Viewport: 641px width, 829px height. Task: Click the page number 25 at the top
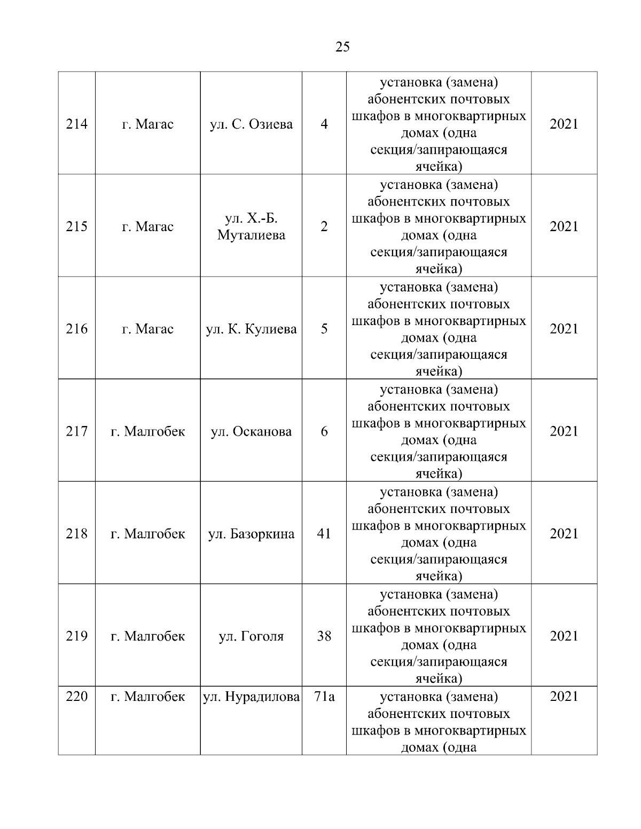(342, 47)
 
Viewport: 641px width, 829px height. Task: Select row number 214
(76, 124)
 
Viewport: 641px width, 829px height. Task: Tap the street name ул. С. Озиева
(251, 124)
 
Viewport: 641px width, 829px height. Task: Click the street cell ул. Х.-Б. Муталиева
(251, 226)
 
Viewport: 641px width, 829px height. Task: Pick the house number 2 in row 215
(324, 226)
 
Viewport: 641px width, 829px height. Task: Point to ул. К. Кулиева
(251, 329)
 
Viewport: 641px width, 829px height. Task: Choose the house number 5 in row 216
(324, 329)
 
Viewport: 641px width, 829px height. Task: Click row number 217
(76, 431)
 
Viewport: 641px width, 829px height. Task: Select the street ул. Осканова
(251, 431)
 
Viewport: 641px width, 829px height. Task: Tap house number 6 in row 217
(324, 431)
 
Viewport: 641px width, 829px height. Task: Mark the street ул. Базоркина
(251, 534)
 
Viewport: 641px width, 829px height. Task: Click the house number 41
(324, 534)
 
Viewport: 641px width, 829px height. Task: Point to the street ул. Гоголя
(251, 636)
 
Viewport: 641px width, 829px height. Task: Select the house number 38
(324, 636)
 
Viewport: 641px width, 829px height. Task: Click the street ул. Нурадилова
(251, 697)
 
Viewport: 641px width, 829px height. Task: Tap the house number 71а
(324, 697)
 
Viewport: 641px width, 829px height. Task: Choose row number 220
(76, 697)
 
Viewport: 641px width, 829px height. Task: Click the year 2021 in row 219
(564, 636)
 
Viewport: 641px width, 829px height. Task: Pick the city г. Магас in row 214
(147, 124)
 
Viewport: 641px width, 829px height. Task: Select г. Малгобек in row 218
(147, 534)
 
